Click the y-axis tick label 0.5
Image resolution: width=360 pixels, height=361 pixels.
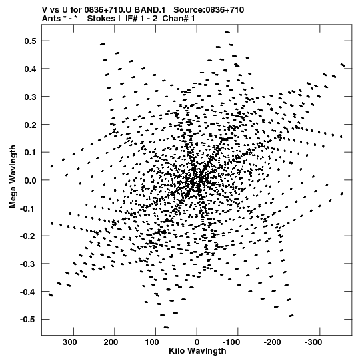[30, 41]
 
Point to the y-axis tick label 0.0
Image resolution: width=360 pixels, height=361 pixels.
[30, 180]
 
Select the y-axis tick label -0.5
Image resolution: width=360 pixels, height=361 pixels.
[28, 320]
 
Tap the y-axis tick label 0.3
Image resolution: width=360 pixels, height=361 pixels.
[30, 97]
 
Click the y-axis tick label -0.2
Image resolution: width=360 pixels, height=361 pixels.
[28, 236]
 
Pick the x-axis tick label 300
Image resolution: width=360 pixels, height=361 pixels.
[70, 342]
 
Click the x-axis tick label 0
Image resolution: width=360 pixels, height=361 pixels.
[197, 342]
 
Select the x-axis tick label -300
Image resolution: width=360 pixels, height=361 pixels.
[313, 342]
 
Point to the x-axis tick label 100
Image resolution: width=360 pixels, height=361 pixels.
[151, 342]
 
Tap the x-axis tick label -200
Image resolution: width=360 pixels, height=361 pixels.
[273, 342]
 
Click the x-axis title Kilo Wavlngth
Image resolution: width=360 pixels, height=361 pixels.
[197, 351]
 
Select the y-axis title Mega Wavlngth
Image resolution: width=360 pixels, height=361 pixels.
[13, 177]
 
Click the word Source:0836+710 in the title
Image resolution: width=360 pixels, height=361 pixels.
[209, 10]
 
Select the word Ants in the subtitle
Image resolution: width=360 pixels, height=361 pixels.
[51, 19]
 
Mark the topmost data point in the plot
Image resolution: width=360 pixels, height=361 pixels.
[227, 32]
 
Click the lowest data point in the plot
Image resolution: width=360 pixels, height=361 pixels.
[166, 327]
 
